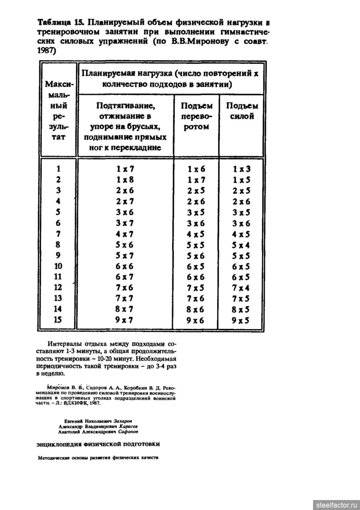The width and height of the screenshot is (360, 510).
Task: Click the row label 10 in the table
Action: [x=59, y=266]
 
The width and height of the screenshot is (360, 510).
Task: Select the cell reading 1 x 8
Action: [x=125, y=179]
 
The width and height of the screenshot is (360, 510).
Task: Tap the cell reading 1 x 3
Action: [x=242, y=169]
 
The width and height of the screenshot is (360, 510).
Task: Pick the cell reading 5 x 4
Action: [x=242, y=245]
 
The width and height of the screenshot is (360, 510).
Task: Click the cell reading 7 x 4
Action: [x=242, y=288]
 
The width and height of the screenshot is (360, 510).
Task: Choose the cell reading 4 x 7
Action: [x=125, y=234]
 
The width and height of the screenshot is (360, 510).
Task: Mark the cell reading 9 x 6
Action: [x=196, y=320]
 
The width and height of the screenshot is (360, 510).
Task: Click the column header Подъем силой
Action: [x=242, y=111]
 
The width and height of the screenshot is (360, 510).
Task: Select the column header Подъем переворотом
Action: [x=196, y=116]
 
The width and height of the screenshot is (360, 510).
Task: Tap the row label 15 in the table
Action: [x=59, y=320]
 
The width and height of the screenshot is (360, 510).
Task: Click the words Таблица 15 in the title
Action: [x=60, y=23]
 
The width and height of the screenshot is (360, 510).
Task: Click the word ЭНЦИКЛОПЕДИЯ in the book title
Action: [x=60, y=444]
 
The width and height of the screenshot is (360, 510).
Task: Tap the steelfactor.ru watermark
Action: [x=336, y=505]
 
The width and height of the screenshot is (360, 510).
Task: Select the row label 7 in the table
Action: [x=59, y=234]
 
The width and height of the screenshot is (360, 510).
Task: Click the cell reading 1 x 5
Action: [x=242, y=179]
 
